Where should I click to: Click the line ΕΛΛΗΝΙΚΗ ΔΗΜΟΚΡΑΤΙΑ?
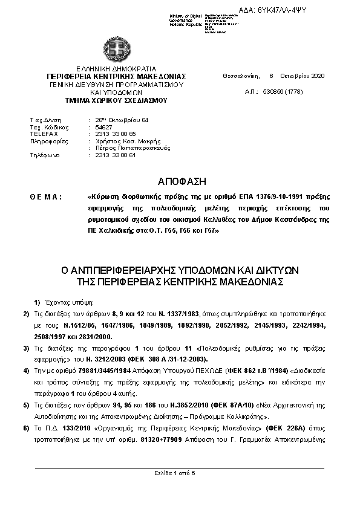[x=108, y=70]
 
